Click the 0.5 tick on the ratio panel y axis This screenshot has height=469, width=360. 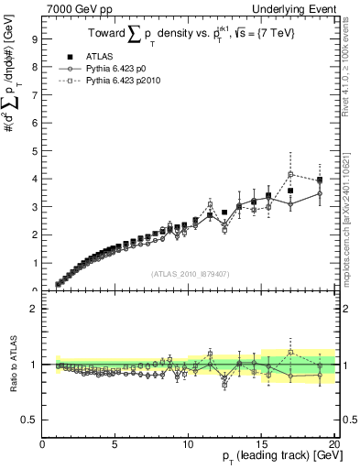30,420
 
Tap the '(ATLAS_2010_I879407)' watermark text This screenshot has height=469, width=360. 189,274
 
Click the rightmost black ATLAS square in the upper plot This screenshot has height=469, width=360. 319,180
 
